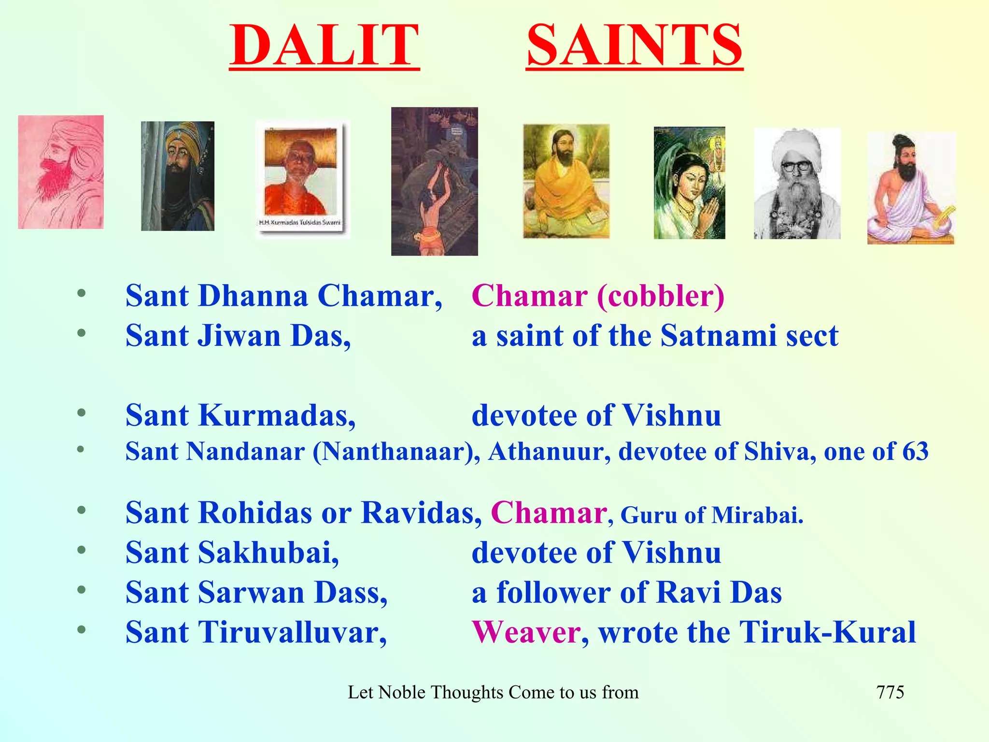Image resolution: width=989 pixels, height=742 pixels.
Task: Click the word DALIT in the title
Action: click(x=324, y=46)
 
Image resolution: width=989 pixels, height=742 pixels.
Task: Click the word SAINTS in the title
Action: click(x=634, y=46)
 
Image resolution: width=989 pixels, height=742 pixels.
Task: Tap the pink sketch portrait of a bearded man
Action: click(x=61, y=172)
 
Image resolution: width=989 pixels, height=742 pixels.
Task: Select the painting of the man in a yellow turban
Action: click(x=178, y=176)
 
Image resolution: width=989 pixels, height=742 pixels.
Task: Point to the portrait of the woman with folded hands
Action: click(x=689, y=183)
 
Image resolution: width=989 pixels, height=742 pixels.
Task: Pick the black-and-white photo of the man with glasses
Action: click(x=797, y=183)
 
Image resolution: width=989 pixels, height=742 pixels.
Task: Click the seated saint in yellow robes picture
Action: click(x=566, y=181)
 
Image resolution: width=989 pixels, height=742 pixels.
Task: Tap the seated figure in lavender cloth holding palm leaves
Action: click(x=911, y=188)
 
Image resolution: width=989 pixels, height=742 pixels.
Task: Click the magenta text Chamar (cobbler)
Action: click(x=598, y=296)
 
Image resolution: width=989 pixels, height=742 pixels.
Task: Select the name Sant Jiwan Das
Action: click(x=238, y=336)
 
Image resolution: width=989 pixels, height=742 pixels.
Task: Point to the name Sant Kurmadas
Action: click(x=240, y=415)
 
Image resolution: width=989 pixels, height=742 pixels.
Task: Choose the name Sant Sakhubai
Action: click(x=232, y=553)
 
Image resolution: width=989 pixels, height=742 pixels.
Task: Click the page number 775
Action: click(x=890, y=692)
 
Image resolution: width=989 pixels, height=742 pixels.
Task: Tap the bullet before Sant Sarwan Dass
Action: click(x=82, y=590)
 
